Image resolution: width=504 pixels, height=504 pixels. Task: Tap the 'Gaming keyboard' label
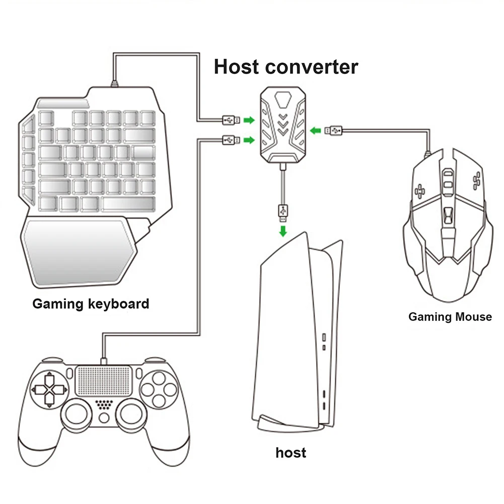click(91, 304)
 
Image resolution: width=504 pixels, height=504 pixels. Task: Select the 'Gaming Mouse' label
click(450, 317)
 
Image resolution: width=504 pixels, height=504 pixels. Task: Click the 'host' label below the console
click(291, 452)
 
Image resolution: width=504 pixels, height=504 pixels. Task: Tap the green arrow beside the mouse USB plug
click(316, 131)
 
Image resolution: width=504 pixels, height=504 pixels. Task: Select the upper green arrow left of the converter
click(249, 120)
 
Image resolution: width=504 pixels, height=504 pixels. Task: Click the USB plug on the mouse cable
click(333, 130)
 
